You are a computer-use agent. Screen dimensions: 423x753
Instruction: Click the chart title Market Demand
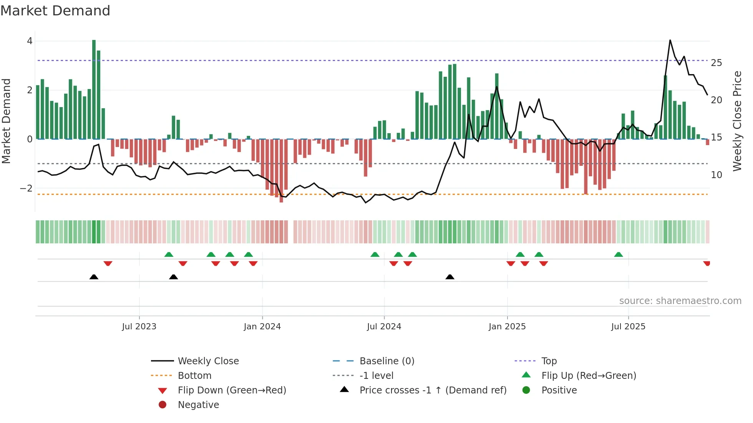pos(55,11)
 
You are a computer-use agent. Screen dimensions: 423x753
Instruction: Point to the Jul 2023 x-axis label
pos(139,327)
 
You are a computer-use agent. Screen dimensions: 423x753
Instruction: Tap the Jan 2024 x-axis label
pos(262,327)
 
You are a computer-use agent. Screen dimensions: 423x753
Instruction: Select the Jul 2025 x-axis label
pos(628,327)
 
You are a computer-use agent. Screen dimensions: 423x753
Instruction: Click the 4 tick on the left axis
pos(30,41)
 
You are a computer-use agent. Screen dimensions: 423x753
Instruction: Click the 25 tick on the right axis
pos(716,63)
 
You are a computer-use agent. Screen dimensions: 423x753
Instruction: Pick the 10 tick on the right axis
pos(716,175)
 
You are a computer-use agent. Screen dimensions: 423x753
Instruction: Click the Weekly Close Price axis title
pos(737,121)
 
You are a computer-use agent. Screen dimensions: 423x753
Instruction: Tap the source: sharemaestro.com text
pos(680,301)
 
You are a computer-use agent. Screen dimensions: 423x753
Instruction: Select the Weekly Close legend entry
pos(208,361)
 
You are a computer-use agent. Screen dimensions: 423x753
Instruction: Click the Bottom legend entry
pos(194,376)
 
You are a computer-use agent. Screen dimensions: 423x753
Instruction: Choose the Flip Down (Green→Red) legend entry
pos(232,390)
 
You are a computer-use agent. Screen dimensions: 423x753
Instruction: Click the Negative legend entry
pos(198,405)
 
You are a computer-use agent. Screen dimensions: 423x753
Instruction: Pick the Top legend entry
pos(549,361)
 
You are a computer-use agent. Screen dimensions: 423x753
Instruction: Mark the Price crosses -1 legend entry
pos(433,390)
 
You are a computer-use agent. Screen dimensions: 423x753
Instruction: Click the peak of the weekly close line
pos(670,40)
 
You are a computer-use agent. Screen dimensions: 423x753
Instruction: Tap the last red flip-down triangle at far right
pos(707,263)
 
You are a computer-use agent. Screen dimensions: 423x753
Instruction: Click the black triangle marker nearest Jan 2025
pos(450,277)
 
